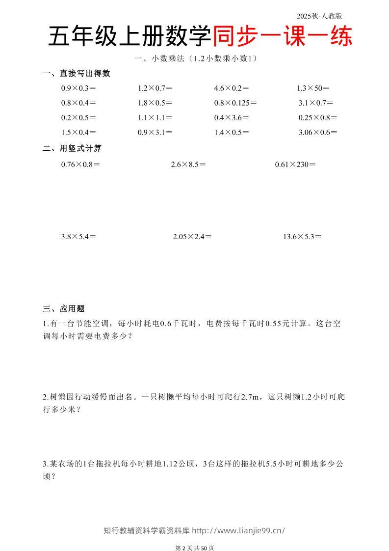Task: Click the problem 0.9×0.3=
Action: [78, 88]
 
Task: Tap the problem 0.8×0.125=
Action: [235, 103]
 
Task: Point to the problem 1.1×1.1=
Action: [155, 118]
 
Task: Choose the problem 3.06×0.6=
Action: [318, 133]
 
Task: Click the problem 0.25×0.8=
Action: [318, 118]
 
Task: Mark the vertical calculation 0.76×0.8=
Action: [80, 165]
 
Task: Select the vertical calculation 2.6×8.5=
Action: [188, 165]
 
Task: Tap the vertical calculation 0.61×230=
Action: [295, 165]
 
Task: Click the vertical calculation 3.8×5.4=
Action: [78, 237]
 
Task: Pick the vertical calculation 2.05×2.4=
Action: [192, 237]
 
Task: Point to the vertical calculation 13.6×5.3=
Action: [302, 237]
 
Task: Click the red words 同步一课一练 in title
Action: [283, 37]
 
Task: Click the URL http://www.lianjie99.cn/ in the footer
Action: [238, 530]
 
